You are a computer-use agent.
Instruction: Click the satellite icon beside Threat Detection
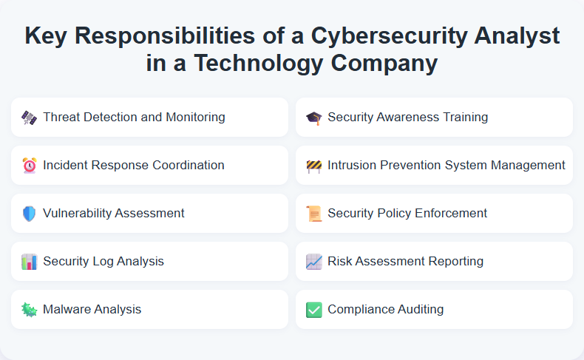tap(30, 118)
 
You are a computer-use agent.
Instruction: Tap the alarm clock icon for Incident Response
tap(30, 166)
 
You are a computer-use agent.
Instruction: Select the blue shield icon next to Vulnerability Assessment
tap(30, 214)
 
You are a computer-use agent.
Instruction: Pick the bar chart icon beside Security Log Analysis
tap(30, 262)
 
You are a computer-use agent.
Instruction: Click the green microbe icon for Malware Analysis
tap(30, 310)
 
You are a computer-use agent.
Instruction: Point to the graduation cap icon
tap(314, 118)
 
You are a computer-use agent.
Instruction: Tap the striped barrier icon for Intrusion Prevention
tap(314, 166)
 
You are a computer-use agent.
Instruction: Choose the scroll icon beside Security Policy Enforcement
tap(314, 214)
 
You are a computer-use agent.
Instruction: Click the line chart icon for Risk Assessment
tap(314, 262)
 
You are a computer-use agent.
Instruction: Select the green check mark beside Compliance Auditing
tap(314, 310)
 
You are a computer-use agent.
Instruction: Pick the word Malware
tap(67, 309)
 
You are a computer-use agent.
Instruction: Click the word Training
tap(463, 117)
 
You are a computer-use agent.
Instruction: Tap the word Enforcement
tap(451, 213)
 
